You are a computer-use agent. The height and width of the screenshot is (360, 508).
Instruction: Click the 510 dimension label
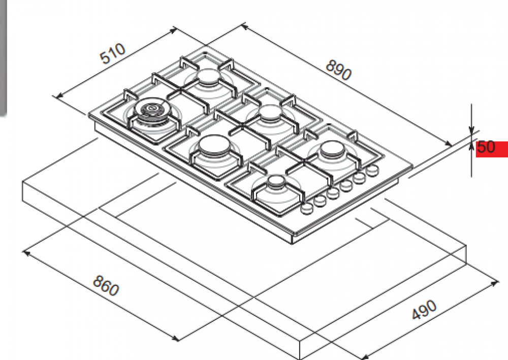tap(112, 53)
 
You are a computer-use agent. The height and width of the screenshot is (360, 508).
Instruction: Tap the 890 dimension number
tap(338, 70)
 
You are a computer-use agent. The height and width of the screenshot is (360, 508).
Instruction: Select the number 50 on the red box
tap(486, 147)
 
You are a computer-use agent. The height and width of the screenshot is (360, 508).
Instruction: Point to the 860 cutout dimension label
tap(106, 285)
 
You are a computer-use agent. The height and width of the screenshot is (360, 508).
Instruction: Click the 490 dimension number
tap(424, 310)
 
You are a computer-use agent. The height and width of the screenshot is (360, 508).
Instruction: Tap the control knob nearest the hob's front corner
tap(306, 209)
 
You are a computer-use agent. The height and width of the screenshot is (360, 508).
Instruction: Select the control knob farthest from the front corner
tap(372, 169)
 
